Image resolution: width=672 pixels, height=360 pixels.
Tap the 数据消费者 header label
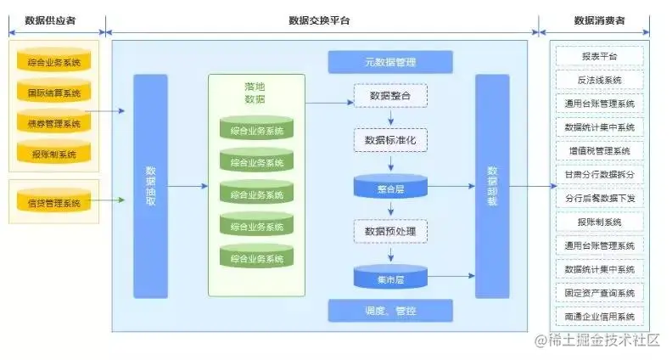pyautogui.click(x=599, y=20)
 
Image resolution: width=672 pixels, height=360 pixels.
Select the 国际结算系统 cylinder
pyautogui.click(x=53, y=92)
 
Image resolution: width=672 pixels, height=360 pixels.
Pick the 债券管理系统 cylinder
pyautogui.click(x=53, y=123)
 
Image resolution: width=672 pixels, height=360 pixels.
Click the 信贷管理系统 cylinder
pyautogui.click(x=53, y=203)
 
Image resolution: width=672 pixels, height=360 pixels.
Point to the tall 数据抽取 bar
pyautogui.click(x=151, y=186)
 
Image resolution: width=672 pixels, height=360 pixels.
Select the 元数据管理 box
pyautogui.click(x=390, y=62)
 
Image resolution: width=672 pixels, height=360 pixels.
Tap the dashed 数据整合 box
pyautogui.click(x=390, y=96)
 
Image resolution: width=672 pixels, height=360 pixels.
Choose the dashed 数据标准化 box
pyautogui.click(x=390, y=140)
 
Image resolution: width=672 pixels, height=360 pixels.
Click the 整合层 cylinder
pyautogui.click(x=390, y=188)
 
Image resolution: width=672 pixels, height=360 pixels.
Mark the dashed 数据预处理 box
pyautogui.click(x=390, y=231)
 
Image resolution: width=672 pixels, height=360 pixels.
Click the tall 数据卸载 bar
pyautogui.click(x=492, y=186)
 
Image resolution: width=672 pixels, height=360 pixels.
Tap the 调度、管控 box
pyautogui.click(x=390, y=311)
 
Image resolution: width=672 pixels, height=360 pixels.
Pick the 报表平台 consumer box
pyautogui.click(x=599, y=57)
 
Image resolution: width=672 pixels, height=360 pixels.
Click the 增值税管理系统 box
pyautogui.click(x=599, y=151)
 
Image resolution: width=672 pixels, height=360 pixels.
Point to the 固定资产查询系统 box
pyautogui.click(x=599, y=293)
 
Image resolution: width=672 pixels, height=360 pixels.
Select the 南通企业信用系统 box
pyautogui.click(x=599, y=317)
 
